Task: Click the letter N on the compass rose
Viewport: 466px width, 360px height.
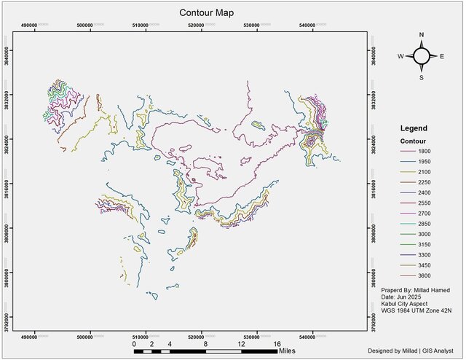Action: pos(422,36)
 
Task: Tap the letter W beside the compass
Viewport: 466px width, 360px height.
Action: pos(400,56)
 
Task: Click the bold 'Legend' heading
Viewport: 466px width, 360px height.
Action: pos(414,128)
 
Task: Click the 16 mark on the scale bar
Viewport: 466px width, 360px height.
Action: pos(277,343)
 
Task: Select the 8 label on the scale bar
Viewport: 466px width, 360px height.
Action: pos(206,343)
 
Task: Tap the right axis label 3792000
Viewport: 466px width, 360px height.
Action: pos(374,318)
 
